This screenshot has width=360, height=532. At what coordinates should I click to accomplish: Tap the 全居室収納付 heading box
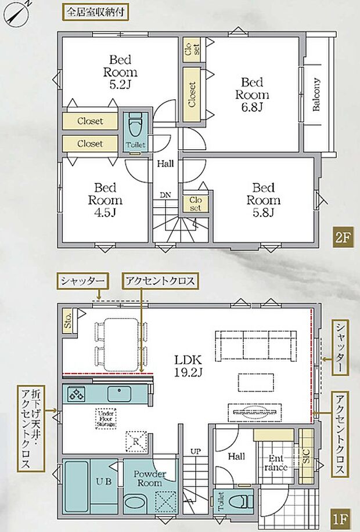(x=94, y=11)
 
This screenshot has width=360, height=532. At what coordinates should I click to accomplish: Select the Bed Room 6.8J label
(x=252, y=95)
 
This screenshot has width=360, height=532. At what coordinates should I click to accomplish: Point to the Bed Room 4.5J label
(x=105, y=200)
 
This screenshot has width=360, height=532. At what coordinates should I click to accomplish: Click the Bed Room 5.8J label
(x=263, y=200)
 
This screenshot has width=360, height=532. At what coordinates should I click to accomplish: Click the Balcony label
(x=316, y=95)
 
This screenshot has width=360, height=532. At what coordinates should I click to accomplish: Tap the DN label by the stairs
(x=165, y=195)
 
